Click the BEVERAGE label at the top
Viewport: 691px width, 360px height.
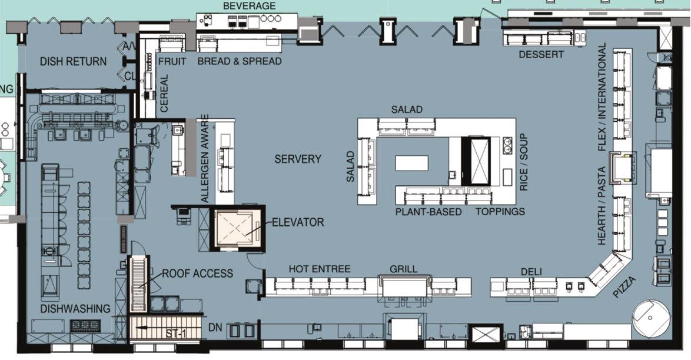coord(249,6)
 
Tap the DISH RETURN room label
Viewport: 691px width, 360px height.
coord(73,62)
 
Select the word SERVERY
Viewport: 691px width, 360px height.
coord(298,159)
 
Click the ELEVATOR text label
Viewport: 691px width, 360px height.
coord(298,222)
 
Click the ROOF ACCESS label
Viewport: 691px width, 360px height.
coord(197,274)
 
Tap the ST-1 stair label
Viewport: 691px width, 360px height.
coord(176,334)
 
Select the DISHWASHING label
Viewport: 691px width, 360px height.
coord(75,309)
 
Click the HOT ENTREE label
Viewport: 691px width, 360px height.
coord(320,269)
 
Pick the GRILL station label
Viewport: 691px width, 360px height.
coord(403,269)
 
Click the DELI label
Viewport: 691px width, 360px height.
coord(531,272)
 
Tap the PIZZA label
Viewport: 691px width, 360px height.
coord(625,287)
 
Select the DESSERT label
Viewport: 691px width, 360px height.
coord(541,55)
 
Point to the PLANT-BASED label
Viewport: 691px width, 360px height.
coord(428,212)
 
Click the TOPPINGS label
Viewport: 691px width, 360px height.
coord(500,212)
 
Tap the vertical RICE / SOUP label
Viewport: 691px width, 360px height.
coord(523,162)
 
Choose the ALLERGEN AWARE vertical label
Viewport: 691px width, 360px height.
coord(205,159)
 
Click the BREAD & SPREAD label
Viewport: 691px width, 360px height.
coord(240,61)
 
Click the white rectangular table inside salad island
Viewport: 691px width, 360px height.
coord(412,162)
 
